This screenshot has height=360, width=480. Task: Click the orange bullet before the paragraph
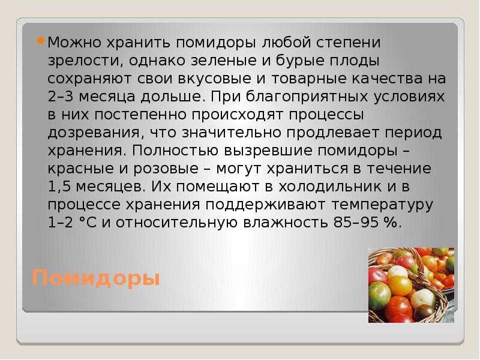41,40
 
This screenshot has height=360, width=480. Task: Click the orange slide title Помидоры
96,278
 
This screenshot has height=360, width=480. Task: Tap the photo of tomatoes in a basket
411,285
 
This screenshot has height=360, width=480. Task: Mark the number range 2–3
61,97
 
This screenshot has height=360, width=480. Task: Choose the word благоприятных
307,97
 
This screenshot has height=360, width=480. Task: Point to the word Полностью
175,151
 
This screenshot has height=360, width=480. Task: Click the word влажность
285,223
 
